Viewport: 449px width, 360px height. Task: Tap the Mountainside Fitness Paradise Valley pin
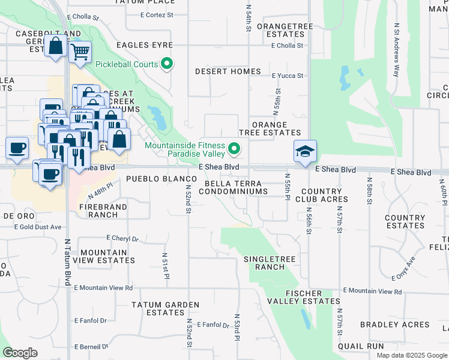click(x=234, y=148)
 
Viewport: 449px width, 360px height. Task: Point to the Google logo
click(x=20, y=352)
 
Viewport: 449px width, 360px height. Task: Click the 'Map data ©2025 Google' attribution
click(x=411, y=355)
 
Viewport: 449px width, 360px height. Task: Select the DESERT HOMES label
click(x=228, y=71)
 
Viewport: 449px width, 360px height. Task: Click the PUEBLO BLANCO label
click(x=154, y=179)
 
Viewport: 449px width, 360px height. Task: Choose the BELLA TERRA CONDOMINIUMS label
click(x=233, y=187)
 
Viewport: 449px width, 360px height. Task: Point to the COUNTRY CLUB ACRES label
click(x=318, y=196)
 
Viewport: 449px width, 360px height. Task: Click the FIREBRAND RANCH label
click(x=103, y=211)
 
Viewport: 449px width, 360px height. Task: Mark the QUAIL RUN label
click(x=360, y=346)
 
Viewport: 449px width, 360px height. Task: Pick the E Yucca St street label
click(x=288, y=76)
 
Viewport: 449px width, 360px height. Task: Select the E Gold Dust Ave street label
click(x=40, y=227)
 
